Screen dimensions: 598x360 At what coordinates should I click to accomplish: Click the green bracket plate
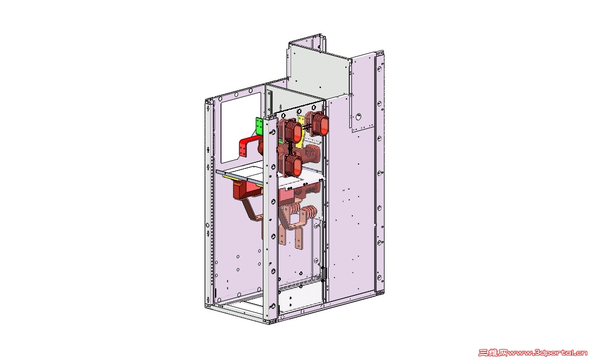point(259,126)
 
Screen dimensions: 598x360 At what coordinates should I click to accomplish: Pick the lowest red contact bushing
point(291,165)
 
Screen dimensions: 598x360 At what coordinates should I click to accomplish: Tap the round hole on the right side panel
point(358,117)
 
